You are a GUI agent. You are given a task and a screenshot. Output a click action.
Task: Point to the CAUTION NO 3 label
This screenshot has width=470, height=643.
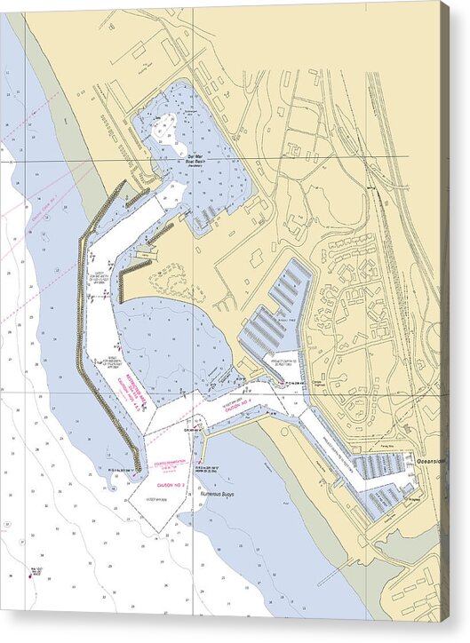click(170, 485)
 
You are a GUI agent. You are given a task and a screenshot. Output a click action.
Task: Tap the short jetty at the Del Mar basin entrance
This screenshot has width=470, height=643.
click(161, 234)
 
